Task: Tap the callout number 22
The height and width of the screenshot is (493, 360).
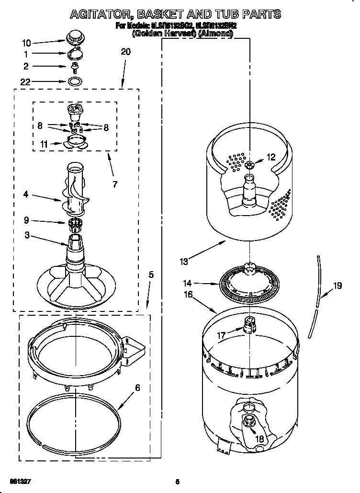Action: [25, 81]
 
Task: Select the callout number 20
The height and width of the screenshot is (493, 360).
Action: [125, 52]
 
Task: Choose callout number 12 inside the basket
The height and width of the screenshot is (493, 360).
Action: [271, 156]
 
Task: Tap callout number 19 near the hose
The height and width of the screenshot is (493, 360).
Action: [337, 286]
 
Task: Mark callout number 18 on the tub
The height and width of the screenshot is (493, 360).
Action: [259, 438]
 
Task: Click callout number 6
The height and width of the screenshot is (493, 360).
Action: [137, 388]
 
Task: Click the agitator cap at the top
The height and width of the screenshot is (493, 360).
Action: [74, 36]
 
